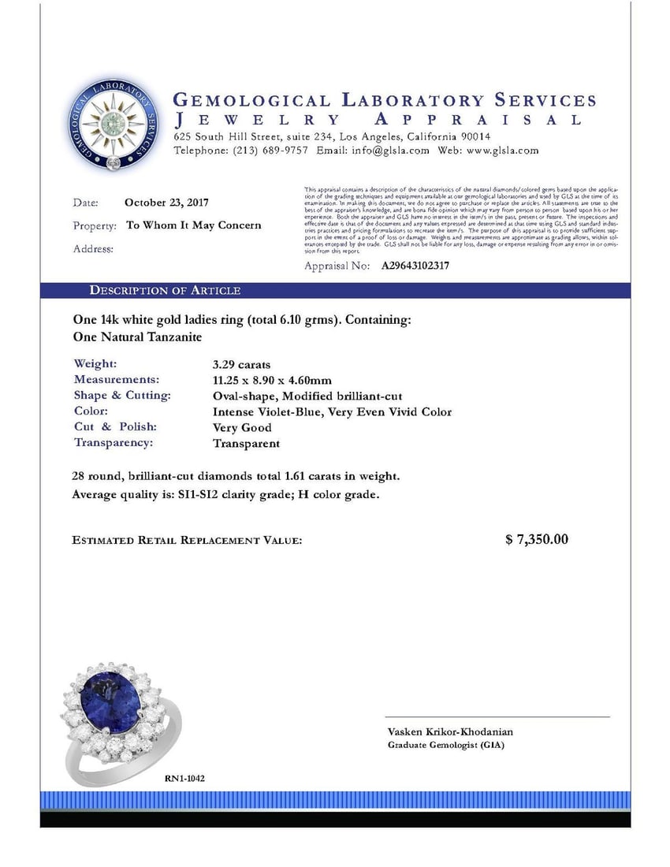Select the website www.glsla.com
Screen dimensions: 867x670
point(504,151)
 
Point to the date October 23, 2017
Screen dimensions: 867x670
point(166,203)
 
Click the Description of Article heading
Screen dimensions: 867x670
point(165,291)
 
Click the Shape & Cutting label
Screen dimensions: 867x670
point(122,396)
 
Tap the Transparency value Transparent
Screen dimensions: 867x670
point(246,443)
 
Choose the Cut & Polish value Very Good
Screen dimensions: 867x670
point(242,427)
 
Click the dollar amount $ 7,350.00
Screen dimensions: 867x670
point(536,540)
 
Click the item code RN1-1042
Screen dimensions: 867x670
point(184,778)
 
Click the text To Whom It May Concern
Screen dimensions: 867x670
point(194,225)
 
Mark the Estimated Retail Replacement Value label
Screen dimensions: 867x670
point(187,541)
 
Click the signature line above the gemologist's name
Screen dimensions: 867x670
point(497,717)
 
